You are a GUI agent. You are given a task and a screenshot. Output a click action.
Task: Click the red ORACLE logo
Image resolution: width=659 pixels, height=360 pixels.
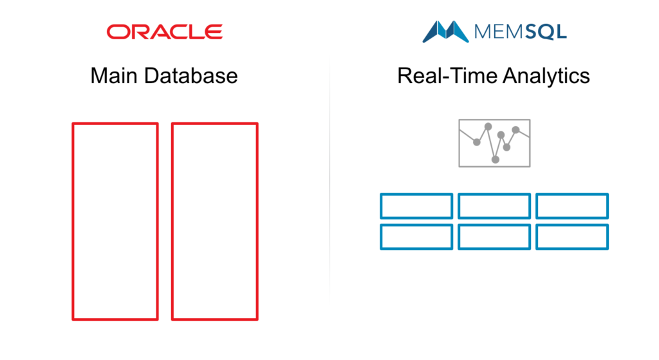coord(164,32)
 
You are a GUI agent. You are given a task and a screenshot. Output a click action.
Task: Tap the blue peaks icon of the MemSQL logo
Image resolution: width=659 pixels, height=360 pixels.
coord(445,32)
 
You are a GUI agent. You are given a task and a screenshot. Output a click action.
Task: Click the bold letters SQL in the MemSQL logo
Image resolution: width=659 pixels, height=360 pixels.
coord(546,32)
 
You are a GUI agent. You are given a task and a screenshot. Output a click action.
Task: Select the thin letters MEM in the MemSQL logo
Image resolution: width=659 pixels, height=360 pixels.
coord(499,32)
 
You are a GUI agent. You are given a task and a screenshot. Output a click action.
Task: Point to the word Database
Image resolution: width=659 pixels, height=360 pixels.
coord(190,76)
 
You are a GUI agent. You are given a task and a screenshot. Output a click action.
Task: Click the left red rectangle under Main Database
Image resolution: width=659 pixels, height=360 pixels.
coord(73,221)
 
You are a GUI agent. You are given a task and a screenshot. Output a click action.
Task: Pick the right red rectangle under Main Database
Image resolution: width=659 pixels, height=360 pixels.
coord(172,221)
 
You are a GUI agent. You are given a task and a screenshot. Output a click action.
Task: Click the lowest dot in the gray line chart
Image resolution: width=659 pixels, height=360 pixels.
coord(496,160)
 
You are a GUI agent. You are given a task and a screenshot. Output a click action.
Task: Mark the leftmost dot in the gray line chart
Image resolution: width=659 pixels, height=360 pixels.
coord(477,142)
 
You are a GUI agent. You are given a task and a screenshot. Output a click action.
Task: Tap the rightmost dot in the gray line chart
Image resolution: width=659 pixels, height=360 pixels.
coord(515,130)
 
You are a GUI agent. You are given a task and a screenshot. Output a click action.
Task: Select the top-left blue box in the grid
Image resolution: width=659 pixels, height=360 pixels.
coord(381,206)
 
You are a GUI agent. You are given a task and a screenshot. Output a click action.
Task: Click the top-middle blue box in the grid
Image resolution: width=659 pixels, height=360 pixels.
coord(458,206)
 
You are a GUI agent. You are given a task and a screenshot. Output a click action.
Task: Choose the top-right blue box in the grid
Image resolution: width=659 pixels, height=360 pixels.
coord(536,206)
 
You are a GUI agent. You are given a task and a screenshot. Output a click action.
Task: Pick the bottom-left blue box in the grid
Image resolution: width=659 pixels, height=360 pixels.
coord(381,237)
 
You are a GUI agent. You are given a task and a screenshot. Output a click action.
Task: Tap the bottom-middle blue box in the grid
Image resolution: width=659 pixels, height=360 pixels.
coord(458,237)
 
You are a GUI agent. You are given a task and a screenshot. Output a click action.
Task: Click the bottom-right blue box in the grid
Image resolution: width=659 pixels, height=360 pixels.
coord(536,237)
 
